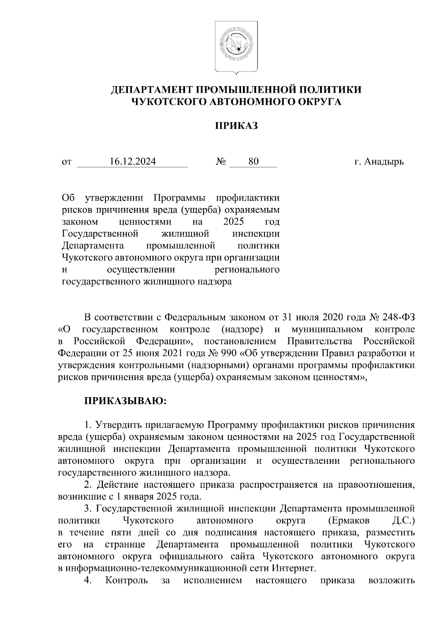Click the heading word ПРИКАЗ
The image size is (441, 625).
point(236,126)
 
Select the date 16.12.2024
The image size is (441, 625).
point(133,161)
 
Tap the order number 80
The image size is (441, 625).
point(253,161)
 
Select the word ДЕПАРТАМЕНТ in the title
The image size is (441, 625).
point(151,90)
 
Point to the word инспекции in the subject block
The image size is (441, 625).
point(256,234)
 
